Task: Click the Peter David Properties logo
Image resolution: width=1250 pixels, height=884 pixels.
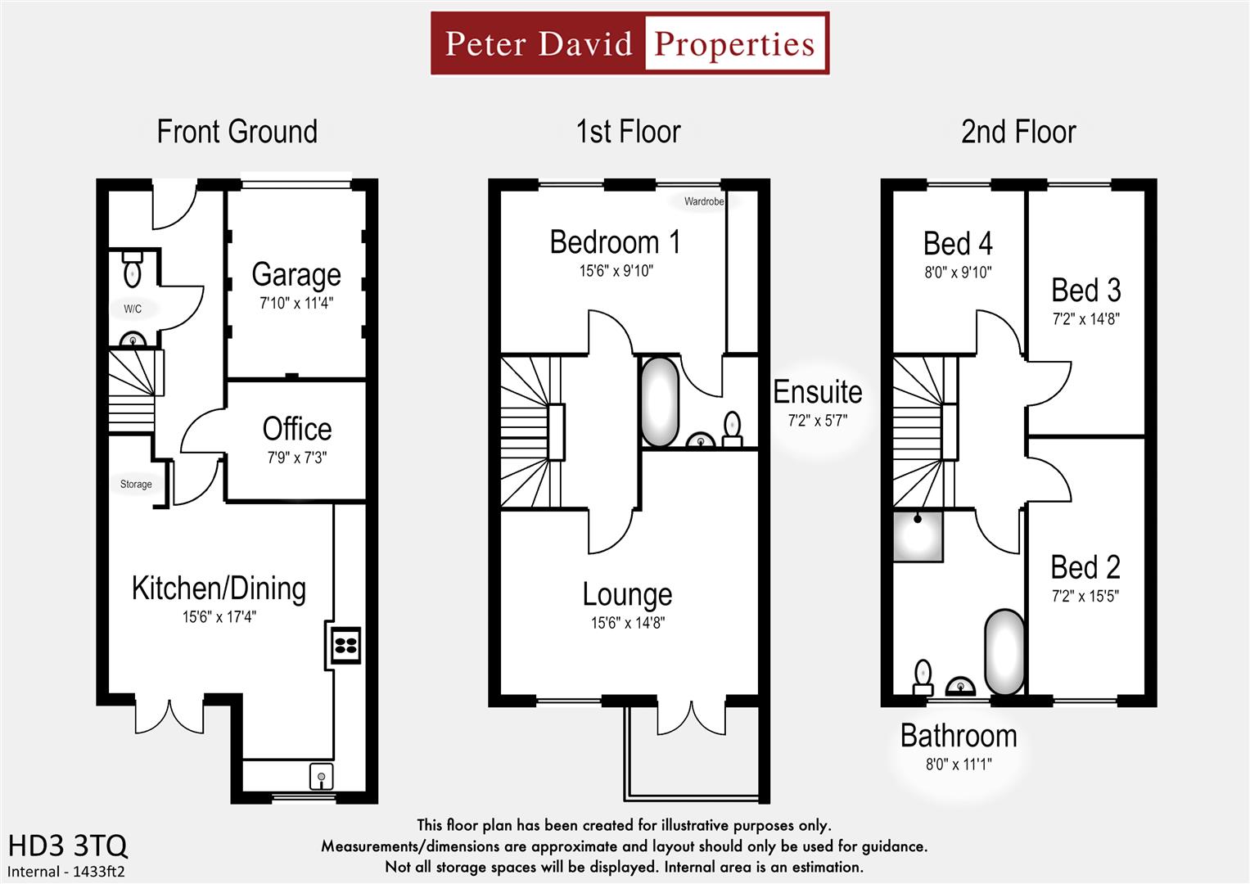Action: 630,43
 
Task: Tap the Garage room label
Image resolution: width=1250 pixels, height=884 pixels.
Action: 296,275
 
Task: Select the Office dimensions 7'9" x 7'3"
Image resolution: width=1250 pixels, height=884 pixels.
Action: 296,458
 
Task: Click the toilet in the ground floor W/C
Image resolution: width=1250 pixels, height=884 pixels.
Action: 132,270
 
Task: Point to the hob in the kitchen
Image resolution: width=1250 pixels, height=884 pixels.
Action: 345,644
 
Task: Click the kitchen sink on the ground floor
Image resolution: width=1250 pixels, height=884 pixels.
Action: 321,776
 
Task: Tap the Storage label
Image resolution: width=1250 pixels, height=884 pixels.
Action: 136,485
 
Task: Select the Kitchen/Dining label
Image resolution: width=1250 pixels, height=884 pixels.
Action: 219,589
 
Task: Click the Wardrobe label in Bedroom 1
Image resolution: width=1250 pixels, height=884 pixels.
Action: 704,201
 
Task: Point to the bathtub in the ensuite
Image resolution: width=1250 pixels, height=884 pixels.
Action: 660,401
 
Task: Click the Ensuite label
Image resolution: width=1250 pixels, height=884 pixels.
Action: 818,393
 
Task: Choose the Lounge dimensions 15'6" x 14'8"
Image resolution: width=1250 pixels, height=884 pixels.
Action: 628,623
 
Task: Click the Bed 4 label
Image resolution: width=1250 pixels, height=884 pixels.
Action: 958,244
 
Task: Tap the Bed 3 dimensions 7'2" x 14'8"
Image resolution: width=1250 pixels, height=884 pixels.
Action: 1085,319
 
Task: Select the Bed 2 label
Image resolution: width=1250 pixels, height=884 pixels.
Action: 1085,567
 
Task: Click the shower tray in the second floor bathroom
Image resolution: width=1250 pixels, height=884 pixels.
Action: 918,536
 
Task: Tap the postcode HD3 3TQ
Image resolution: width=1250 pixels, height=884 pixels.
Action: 67,845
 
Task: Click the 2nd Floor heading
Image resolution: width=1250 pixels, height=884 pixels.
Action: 1018,132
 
